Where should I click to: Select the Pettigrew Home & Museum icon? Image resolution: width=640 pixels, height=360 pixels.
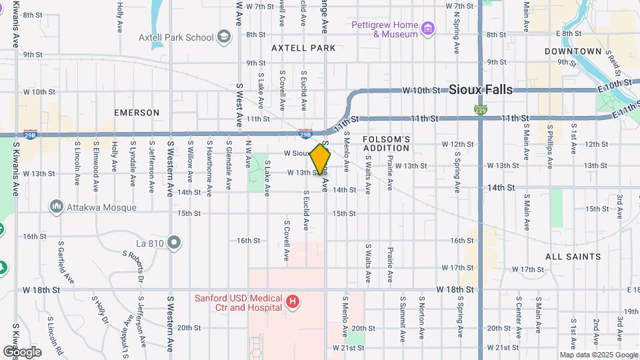[x=428, y=29]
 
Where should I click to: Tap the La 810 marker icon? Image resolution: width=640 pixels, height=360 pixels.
[x=175, y=242]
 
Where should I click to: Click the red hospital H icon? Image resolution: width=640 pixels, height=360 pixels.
[x=291, y=302]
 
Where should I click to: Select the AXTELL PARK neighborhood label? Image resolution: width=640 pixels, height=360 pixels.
[x=303, y=48]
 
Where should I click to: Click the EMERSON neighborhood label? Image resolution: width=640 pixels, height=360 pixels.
[x=137, y=113]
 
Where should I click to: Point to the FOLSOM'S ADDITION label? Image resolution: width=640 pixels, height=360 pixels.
[x=386, y=143]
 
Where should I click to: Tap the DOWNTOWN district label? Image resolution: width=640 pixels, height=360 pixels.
[x=573, y=51]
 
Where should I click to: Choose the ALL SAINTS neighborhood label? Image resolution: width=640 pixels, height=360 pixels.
[x=573, y=257]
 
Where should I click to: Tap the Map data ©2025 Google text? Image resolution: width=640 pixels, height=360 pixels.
[x=598, y=355]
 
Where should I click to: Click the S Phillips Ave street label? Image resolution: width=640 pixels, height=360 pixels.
[x=550, y=141]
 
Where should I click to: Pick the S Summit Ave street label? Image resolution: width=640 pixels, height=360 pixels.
[x=403, y=316]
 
